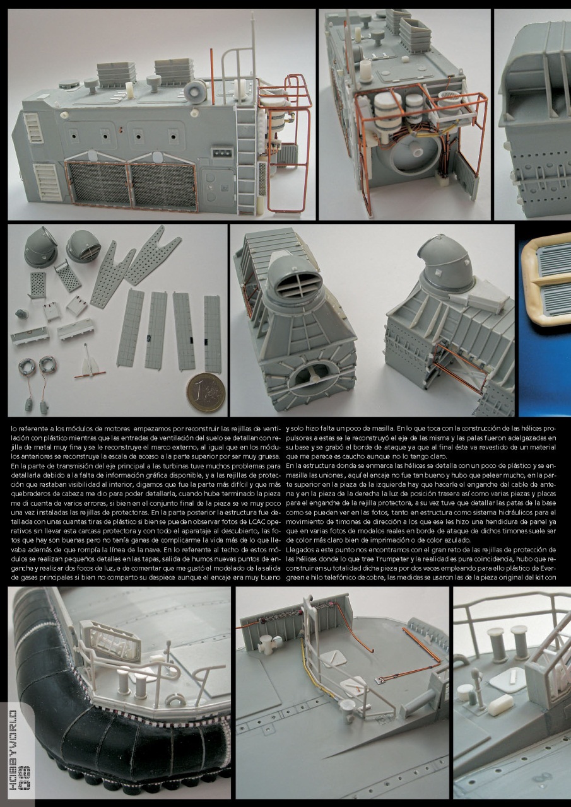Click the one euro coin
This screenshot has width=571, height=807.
pos(206,392)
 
